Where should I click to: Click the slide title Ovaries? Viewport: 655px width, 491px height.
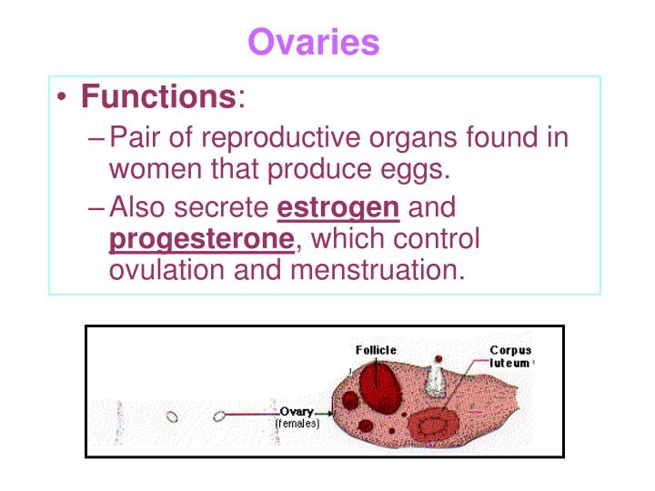(x=314, y=42)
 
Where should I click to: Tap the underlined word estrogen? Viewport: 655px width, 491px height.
(x=338, y=208)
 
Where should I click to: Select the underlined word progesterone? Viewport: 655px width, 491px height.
(x=201, y=240)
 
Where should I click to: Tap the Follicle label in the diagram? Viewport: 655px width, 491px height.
(x=375, y=349)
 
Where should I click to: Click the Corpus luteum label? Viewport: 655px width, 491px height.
(x=510, y=356)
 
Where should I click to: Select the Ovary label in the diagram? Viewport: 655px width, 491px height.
(x=297, y=412)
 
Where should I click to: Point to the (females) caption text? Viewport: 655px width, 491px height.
(x=297, y=424)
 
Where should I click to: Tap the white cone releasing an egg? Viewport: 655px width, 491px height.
(x=438, y=380)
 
